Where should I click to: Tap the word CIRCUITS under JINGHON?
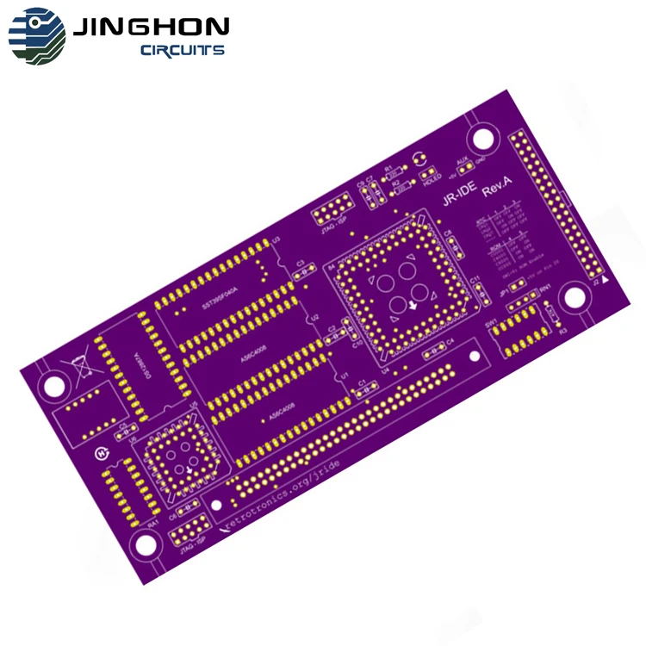click(183, 51)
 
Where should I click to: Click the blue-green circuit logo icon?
click(36, 35)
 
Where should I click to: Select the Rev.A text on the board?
click(497, 187)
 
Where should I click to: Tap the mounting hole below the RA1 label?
click(145, 544)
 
